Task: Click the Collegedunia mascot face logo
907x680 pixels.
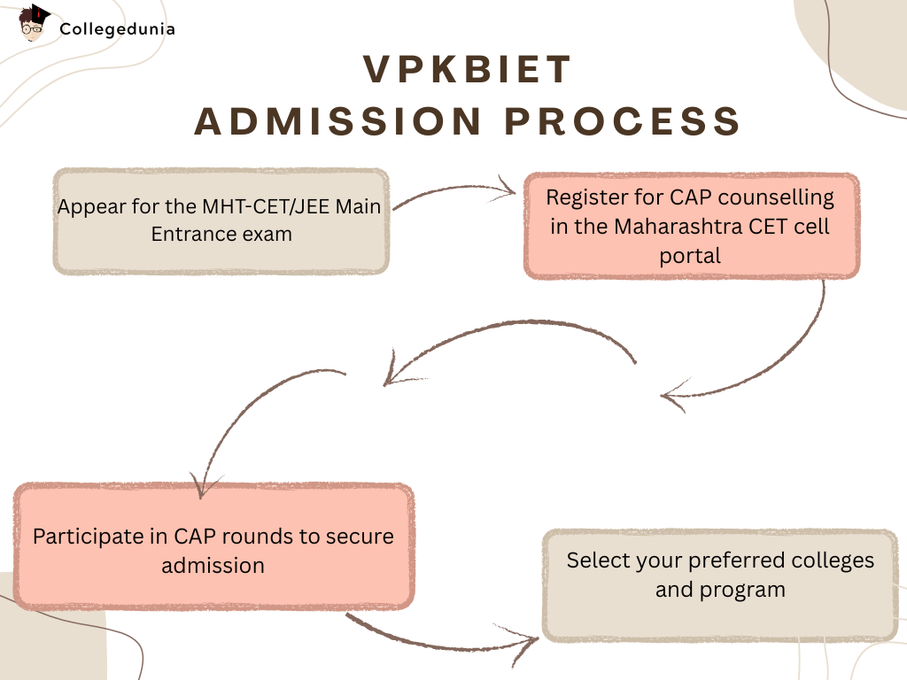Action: click(33, 23)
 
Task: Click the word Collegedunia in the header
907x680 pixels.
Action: click(118, 29)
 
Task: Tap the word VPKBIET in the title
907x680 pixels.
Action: click(468, 70)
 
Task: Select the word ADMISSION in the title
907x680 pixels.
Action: click(337, 121)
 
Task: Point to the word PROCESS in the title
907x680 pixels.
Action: click(623, 121)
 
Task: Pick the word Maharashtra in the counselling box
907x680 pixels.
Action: click(678, 227)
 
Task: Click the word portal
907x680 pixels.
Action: click(690, 256)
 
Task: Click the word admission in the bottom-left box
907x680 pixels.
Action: click(213, 566)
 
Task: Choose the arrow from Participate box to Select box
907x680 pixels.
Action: click(439, 644)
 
